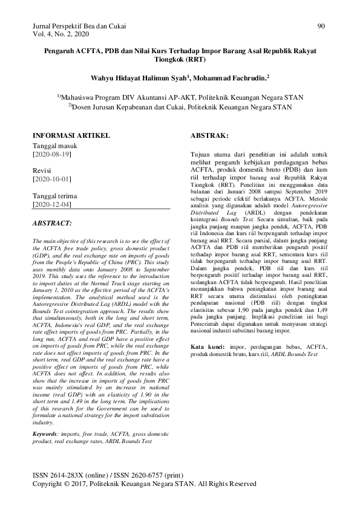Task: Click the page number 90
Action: coord(321,27)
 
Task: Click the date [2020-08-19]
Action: coord(51,155)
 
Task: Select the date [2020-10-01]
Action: coord(51,180)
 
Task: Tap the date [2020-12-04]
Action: coord(51,205)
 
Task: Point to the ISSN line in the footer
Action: coord(111,476)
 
